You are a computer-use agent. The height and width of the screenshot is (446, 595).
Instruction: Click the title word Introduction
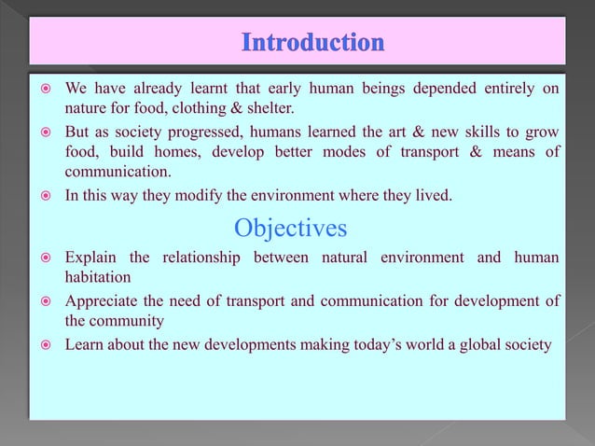311,43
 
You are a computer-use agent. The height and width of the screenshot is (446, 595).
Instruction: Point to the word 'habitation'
97,277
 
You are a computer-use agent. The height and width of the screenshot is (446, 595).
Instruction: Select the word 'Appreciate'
102,300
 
